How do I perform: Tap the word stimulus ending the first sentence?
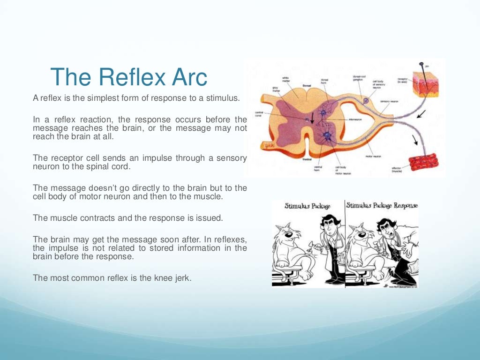[x=223, y=98]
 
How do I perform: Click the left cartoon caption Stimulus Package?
[x=307, y=206]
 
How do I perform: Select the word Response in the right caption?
[x=406, y=206]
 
